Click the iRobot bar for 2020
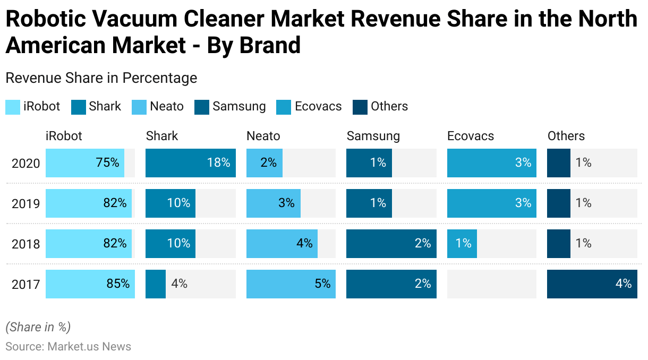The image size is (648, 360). pos(85,163)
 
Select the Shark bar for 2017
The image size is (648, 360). pos(156,284)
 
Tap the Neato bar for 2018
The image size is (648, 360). pos(282,244)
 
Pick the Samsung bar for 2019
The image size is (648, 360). pos(369,203)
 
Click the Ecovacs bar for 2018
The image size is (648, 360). pos(462,244)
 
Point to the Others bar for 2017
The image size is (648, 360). pos(592,284)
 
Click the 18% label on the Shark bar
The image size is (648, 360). pos(218,163)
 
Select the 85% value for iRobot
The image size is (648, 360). pos(118,284)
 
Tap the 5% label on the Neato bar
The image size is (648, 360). pos(322,284)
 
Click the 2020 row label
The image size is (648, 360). pos(26,164)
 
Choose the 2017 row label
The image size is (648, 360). pos(26,285)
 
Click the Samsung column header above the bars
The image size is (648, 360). pos(373,136)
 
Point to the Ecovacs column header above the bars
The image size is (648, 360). pos(471,136)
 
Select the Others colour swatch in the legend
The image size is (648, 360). pos(360,107)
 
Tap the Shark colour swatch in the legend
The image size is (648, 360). pos(79,107)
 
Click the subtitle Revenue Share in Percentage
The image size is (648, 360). pos(101,78)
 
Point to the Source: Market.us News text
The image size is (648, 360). pos(68,347)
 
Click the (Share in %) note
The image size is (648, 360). pos(38,327)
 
